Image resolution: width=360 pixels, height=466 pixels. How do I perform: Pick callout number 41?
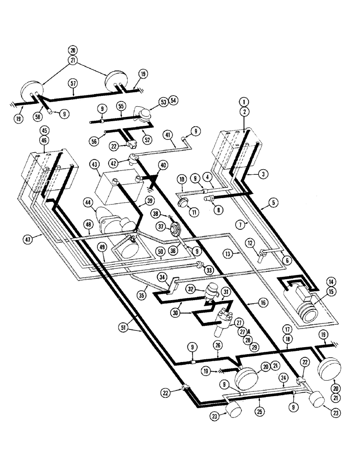click(168, 134)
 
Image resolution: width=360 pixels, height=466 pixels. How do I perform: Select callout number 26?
click(218, 345)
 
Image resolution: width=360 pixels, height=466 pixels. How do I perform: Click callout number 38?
click(155, 213)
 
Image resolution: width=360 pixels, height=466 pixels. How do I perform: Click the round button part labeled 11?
click(183, 204)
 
